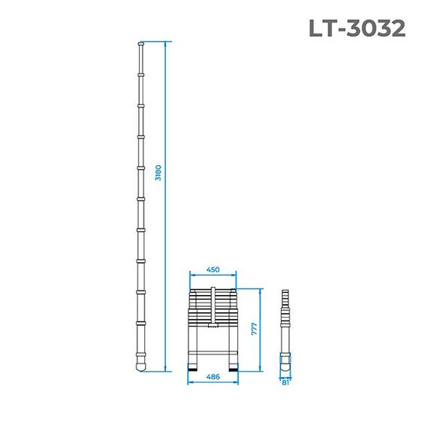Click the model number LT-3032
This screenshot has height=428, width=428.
click(x=357, y=28)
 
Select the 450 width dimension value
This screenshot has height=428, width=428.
click(x=214, y=269)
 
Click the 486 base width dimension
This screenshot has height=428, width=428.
click(x=214, y=377)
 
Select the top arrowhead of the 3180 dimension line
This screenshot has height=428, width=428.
click(x=166, y=44)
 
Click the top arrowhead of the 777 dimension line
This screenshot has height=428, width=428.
click(x=261, y=290)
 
